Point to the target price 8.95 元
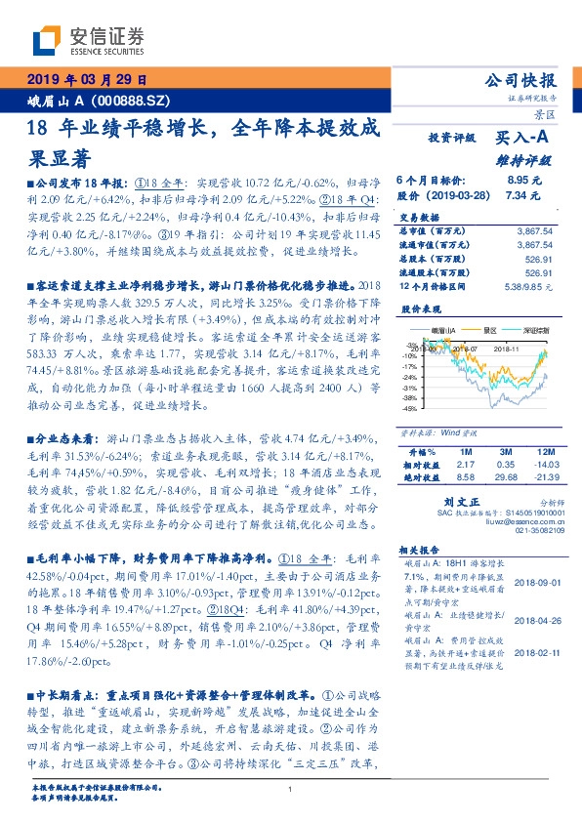[x=524, y=181]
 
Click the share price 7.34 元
[x=524, y=195]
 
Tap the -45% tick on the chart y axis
[x=408, y=409]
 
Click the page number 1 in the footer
[x=291, y=789]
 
